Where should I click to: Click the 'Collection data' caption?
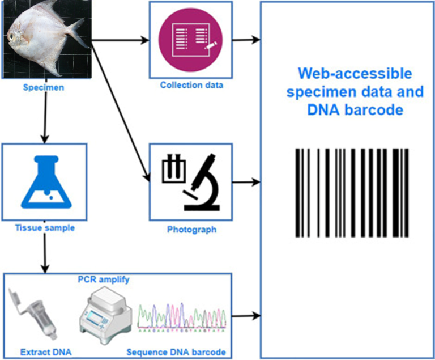pyautogui.click(x=191, y=86)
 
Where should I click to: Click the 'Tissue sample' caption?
pyautogui.click(x=44, y=228)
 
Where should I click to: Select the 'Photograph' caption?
pyautogui.click(x=191, y=230)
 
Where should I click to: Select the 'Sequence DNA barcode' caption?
pyautogui.click(x=176, y=352)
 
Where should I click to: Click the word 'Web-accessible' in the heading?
pyautogui.click(x=355, y=74)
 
